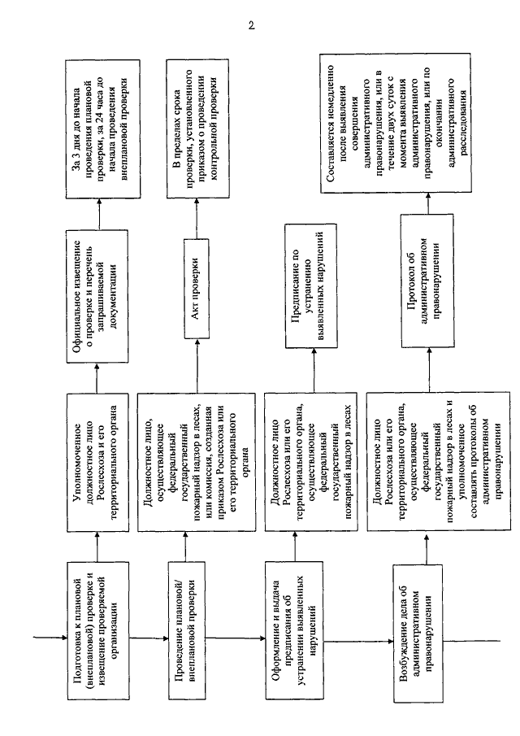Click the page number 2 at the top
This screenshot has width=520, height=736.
coord(251,26)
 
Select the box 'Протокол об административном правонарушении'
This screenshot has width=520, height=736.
coord(427,281)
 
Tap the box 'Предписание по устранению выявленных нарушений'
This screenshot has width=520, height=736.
coord(311,285)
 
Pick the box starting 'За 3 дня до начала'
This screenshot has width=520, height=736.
coord(102,128)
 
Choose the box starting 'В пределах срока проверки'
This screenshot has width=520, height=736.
coord(197,128)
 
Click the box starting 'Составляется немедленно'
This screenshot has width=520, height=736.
coord(395,123)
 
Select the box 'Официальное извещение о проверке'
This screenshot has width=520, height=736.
coord(97,296)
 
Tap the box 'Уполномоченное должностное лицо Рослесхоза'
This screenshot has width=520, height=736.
coord(98,463)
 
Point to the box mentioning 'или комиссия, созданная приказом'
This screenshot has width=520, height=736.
coord(197,463)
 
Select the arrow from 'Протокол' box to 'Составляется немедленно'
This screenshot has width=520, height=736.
coord(427,203)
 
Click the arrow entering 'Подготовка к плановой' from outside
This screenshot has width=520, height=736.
coord(50,638)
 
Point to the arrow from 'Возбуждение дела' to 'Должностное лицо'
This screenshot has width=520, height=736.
coord(427,548)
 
